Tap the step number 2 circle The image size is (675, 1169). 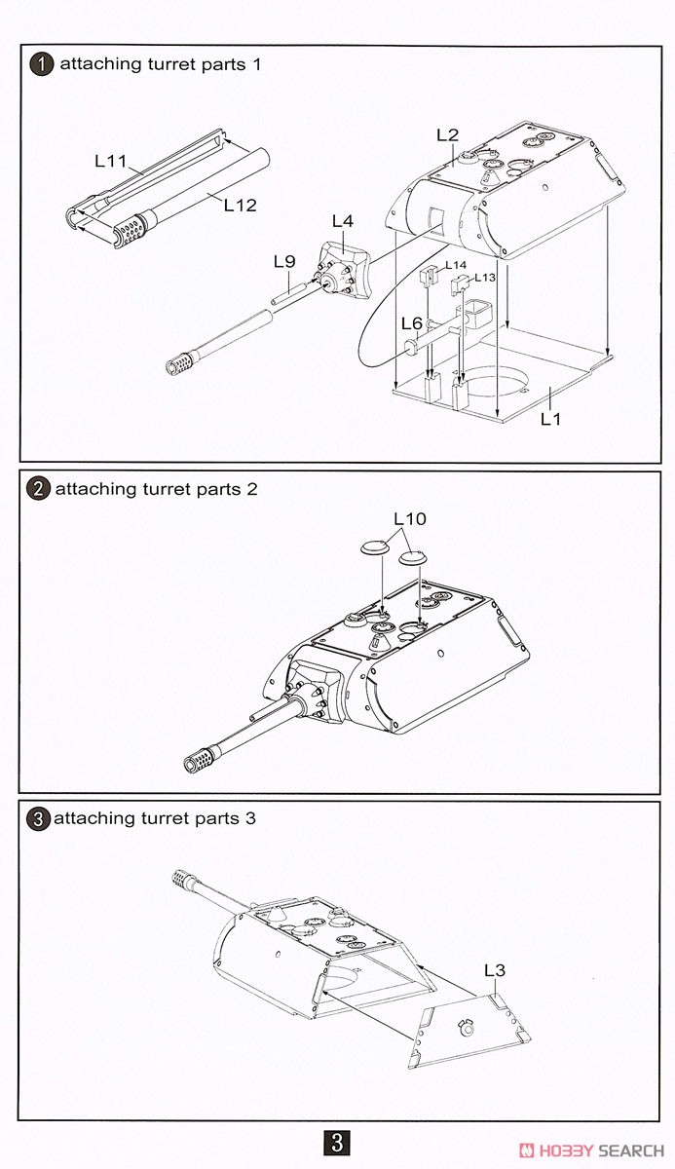point(38,489)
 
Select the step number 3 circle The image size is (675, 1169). point(38,819)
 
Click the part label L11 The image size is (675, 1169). point(111,162)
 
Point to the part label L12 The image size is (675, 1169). point(240,205)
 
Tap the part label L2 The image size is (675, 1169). point(447,135)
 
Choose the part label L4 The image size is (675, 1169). point(342,220)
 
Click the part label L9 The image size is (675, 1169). point(283,261)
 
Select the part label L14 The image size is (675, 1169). point(456,265)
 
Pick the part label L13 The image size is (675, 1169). point(485,278)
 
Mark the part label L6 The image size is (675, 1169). point(412,322)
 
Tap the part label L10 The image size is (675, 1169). point(410,519)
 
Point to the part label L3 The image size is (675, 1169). point(495,970)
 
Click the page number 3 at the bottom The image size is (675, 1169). point(336,1142)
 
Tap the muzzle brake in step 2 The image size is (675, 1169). point(202,757)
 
